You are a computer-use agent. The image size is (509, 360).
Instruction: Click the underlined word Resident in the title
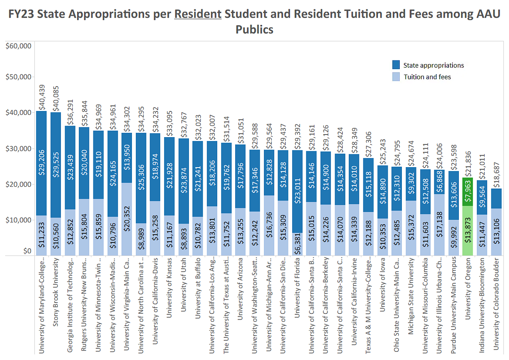pyautogui.click(x=198, y=14)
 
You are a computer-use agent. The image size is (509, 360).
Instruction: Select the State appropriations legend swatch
pyautogui.click(x=396, y=66)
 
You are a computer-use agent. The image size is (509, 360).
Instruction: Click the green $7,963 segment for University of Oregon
pyautogui.click(x=467, y=195)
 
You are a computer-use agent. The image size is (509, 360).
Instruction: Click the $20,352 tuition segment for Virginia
pyautogui.click(x=127, y=219)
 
